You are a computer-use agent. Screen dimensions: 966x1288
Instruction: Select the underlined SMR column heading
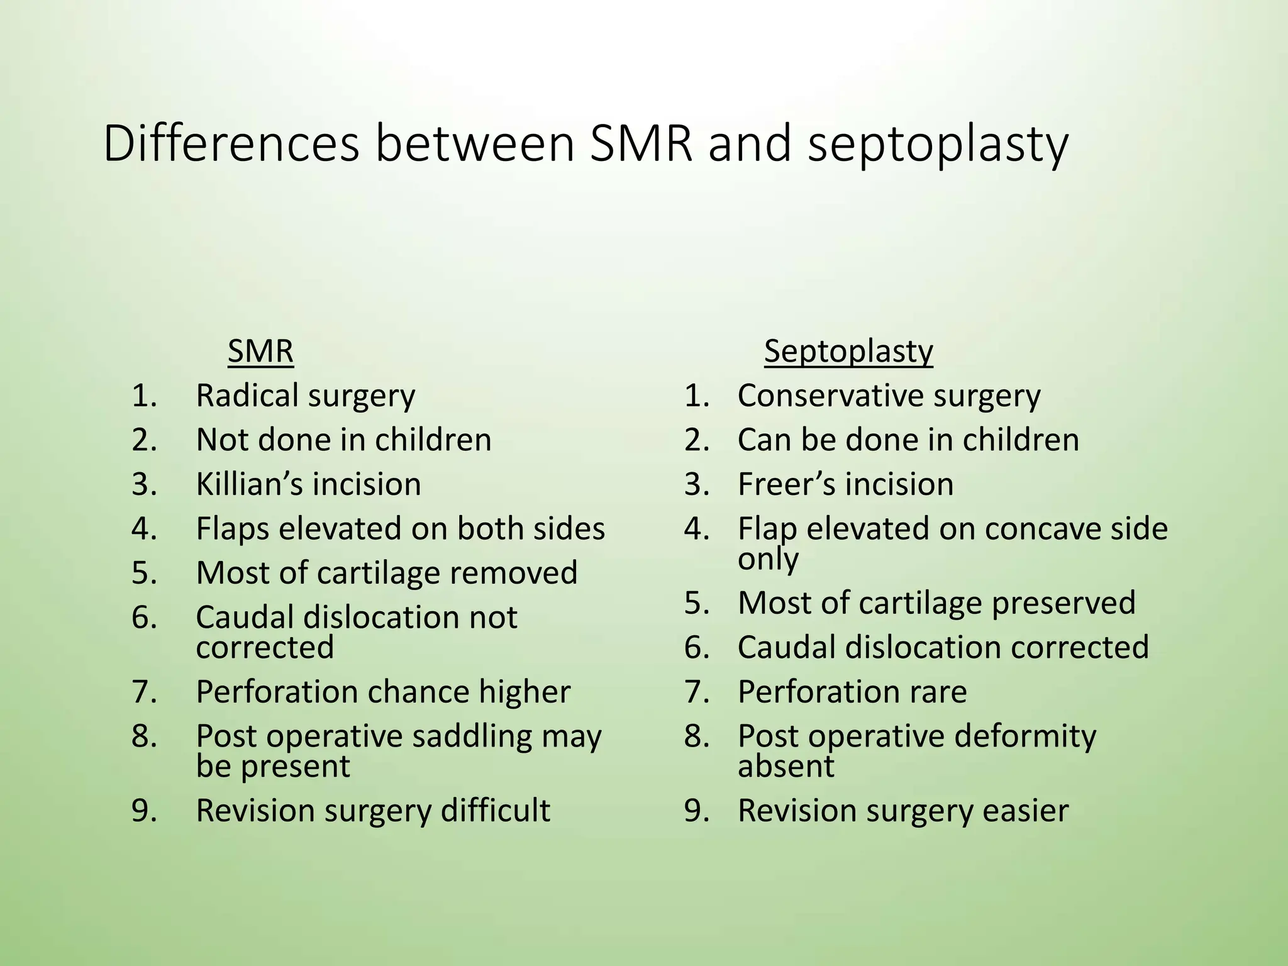(260, 351)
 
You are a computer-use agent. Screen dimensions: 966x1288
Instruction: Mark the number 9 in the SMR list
(143, 811)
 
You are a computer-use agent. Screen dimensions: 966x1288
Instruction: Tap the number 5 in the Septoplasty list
(696, 603)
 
